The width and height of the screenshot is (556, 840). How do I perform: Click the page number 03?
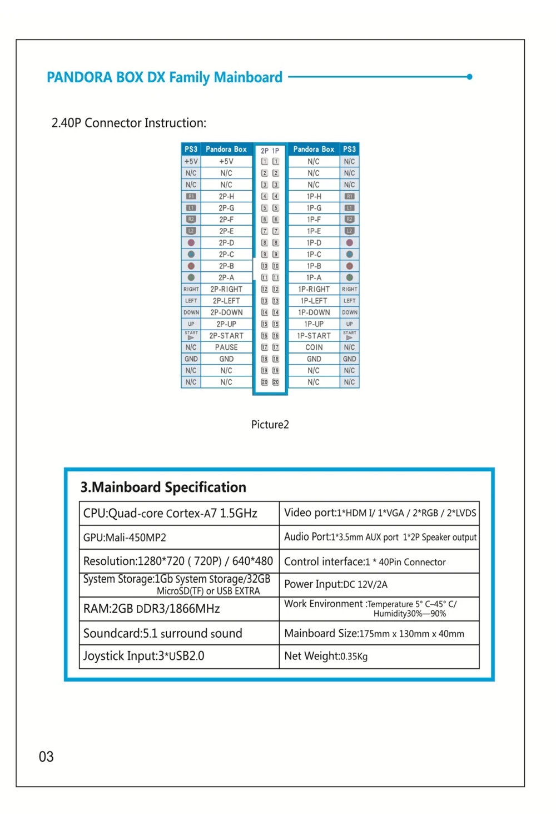[x=46, y=757]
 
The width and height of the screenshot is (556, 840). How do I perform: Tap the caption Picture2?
[x=270, y=425]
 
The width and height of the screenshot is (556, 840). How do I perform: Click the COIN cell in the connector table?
[x=314, y=347]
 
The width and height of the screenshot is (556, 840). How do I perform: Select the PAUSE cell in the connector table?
[x=226, y=347]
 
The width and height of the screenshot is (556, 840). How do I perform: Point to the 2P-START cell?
[x=226, y=336]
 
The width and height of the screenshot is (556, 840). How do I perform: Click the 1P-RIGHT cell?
[x=314, y=289]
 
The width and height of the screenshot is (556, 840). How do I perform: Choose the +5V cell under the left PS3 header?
[x=191, y=162]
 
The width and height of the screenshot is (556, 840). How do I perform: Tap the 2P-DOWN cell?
[x=226, y=312]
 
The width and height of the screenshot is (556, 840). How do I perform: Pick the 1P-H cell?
[x=314, y=196]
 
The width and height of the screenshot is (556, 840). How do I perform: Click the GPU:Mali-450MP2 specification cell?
[x=179, y=538]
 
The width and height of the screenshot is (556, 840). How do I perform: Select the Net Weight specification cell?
[x=379, y=657]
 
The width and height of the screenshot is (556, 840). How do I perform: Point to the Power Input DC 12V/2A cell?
[x=379, y=584]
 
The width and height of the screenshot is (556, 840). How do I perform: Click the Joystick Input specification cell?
[x=179, y=657]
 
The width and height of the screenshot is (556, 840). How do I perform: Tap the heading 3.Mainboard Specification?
[x=163, y=488]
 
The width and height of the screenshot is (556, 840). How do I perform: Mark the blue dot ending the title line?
[x=470, y=77]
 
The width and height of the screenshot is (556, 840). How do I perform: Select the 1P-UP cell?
[x=314, y=324]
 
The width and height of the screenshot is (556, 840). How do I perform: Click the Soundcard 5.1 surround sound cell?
[x=179, y=633]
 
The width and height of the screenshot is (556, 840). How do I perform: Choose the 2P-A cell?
[x=226, y=277]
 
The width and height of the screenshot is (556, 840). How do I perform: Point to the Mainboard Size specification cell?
[x=379, y=633]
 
